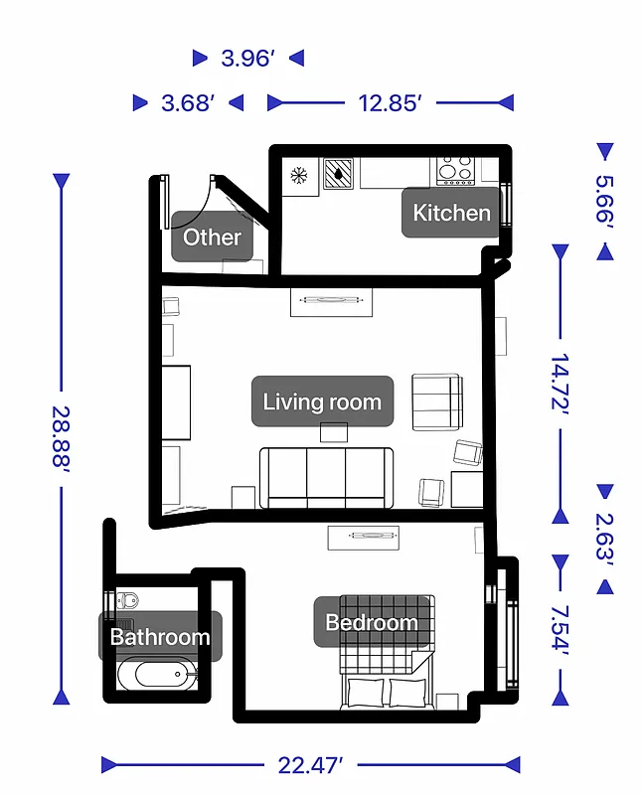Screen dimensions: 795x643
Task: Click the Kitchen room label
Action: point(451,213)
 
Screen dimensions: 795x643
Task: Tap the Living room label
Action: point(321,401)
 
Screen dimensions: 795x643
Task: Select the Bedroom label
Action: point(372,623)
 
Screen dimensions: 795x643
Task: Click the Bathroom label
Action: point(159,637)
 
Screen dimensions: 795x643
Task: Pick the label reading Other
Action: point(212,237)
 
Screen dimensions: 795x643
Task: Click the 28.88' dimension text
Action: point(62,438)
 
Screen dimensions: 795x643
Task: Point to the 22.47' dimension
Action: point(310,764)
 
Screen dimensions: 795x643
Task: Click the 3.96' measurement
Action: point(247,59)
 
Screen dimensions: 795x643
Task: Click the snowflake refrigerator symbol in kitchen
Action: point(298,176)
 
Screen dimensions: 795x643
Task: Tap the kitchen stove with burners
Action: point(455,171)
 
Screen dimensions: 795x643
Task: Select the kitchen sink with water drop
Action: point(340,173)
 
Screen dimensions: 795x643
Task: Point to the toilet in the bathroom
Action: point(127,599)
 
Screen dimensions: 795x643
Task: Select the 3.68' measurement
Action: point(188,102)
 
